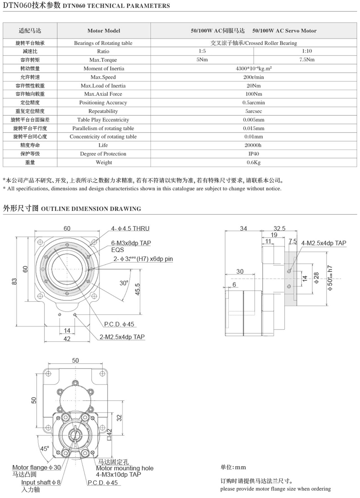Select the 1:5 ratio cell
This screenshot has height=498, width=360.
pyautogui.click(x=202, y=51)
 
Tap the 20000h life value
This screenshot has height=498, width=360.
pyautogui.click(x=254, y=145)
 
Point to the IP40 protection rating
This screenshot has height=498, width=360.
pyautogui.click(x=254, y=154)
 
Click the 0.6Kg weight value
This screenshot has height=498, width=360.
pyautogui.click(x=254, y=162)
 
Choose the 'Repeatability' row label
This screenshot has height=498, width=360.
pyautogui.click(x=103, y=111)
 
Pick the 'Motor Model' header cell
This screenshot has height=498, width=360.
pyautogui.click(x=103, y=31)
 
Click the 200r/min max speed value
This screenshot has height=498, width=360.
pyautogui.click(x=254, y=77)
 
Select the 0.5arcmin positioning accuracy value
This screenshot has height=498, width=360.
pyautogui.click(x=254, y=103)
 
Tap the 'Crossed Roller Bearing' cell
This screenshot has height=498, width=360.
pyautogui.click(x=254, y=43)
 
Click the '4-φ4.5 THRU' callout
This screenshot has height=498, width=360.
pyautogui.click(x=130, y=228)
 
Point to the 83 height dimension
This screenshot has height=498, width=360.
pyautogui.click(x=14, y=281)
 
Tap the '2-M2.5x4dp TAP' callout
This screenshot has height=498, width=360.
pyautogui.click(x=122, y=337)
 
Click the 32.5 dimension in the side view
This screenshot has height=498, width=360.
pyautogui.click(x=279, y=228)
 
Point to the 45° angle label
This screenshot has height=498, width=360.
pyautogui.click(x=45, y=449)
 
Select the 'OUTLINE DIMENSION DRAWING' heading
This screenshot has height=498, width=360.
pyautogui.click(x=91, y=209)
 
